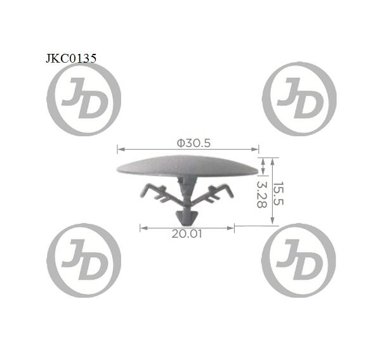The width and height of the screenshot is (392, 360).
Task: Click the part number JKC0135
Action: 71,58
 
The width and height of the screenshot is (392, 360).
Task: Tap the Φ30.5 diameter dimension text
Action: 193,143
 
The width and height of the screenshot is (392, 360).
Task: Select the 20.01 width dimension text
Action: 186,234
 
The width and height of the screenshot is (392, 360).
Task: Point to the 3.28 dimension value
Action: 262,195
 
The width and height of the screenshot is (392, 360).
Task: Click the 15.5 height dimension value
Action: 278,193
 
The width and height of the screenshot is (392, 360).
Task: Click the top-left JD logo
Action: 84,99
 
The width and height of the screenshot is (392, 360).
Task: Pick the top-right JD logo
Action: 299,99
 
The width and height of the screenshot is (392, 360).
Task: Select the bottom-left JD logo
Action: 84,260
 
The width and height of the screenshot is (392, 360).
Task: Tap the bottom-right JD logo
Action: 299,260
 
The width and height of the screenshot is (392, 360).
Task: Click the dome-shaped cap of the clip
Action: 188,166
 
